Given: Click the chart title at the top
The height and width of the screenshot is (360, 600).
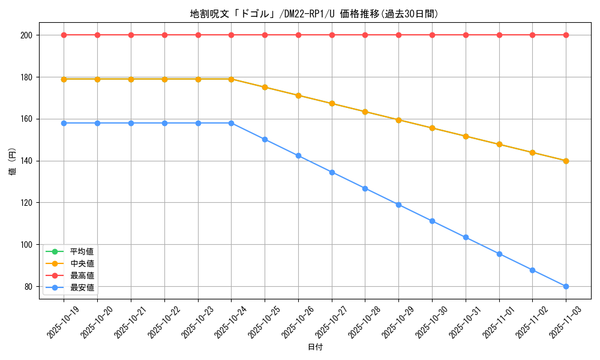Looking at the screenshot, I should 314,14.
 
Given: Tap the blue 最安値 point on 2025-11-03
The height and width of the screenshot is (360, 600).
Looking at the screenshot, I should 566,286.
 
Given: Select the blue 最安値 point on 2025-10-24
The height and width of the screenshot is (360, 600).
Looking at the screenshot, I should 231,123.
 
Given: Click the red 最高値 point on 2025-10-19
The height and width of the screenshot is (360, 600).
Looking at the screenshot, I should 64,35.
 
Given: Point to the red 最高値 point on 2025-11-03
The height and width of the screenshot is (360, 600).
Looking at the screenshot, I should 566,35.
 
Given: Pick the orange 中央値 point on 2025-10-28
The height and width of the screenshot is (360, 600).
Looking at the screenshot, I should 365,112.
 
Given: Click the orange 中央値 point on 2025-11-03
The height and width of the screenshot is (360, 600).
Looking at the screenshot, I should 566,161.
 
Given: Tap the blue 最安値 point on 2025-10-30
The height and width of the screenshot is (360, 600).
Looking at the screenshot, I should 432,221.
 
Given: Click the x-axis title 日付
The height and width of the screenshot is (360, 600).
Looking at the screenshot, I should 314,347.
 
